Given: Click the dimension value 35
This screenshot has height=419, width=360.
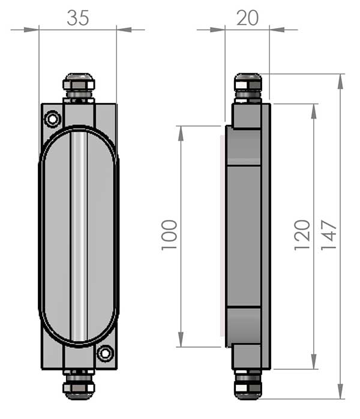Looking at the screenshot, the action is click(77, 18).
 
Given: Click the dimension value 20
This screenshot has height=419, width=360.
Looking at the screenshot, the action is click(247, 18).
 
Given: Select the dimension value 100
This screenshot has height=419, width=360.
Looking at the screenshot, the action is click(169, 235).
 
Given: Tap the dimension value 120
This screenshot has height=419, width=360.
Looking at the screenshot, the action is click(302, 235).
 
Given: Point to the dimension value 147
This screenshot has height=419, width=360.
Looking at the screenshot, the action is click(328, 235).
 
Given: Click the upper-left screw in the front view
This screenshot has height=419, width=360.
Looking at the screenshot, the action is click(52, 119).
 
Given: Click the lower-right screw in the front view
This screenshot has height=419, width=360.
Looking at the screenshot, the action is click(105, 354).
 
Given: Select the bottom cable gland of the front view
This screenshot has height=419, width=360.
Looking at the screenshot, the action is click(79, 384).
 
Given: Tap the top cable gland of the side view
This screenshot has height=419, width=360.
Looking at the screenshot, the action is click(248, 88).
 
